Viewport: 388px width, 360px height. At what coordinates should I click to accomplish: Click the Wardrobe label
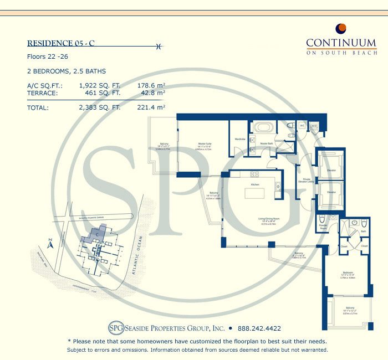point(240,138)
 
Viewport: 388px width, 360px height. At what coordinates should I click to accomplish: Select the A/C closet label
point(303,126)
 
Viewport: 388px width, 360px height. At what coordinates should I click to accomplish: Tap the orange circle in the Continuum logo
point(341,29)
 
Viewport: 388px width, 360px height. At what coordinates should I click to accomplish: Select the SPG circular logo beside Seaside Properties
point(115,327)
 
